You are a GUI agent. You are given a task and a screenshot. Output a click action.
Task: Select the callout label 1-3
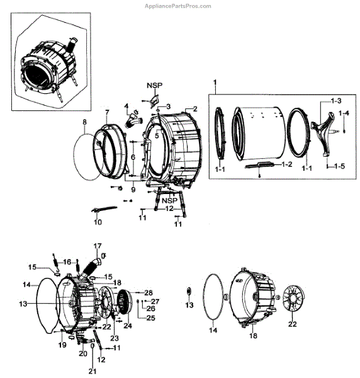coord(337,101)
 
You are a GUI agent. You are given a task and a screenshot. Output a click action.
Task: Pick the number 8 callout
coord(84,122)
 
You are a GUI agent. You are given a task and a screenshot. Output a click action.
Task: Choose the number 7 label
coord(107,113)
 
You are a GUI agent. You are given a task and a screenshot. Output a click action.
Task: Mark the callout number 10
coord(98,222)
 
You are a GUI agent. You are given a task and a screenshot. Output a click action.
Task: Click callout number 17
coord(98,246)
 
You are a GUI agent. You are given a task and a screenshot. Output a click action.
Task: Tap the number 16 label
coord(67,261)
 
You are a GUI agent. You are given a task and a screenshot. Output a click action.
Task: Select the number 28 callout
coord(149,293)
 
